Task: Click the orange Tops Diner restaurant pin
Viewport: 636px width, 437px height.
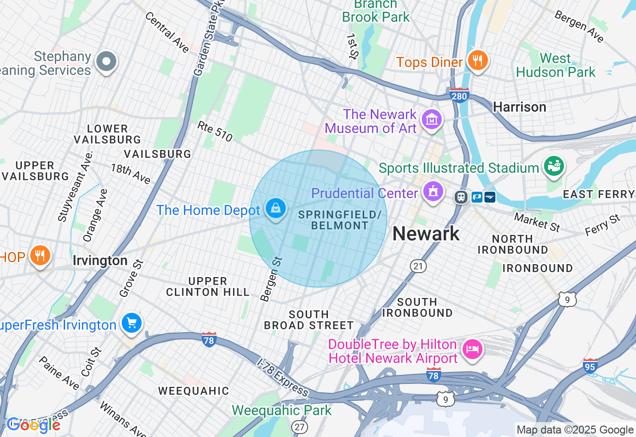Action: (477, 61)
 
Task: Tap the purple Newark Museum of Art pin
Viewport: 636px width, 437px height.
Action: (432, 120)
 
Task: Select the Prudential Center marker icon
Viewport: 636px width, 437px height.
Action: (433, 191)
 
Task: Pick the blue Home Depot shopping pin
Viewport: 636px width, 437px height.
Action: (275, 209)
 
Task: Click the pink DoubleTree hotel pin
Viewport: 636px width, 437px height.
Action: (472, 349)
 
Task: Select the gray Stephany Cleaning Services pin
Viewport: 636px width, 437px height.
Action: (105, 62)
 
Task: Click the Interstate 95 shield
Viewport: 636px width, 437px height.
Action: (590, 366)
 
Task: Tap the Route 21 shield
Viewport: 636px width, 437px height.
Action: (418, 266)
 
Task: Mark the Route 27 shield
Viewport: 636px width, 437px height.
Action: (299, 427)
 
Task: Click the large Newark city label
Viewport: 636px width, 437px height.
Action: (426, 233)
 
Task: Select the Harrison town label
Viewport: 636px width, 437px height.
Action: (519, 107)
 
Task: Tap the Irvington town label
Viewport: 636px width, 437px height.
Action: (100, 261)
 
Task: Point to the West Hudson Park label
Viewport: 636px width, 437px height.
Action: (556, 65)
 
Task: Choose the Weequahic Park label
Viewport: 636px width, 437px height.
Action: (281, 410)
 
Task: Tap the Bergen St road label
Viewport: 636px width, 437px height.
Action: (271, 279)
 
